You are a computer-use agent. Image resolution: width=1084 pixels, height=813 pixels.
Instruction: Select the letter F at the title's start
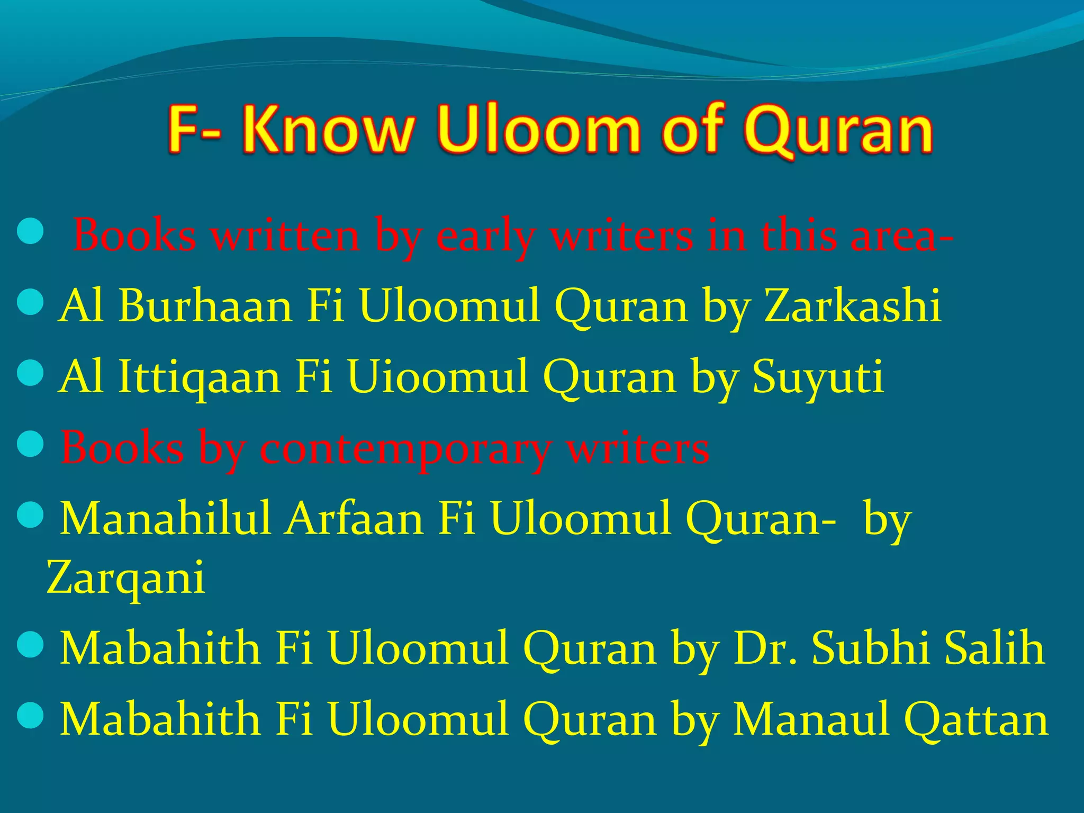[185, 130]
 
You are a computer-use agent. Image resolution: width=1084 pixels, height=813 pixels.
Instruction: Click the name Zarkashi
[852, 306]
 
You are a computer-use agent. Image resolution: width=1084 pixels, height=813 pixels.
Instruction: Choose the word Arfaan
[355, 519]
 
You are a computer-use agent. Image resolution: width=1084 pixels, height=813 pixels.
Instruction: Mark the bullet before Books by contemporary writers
[30, 445]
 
